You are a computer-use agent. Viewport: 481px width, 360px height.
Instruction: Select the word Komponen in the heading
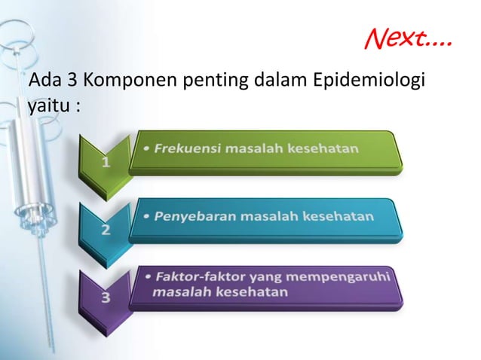pos(113,79)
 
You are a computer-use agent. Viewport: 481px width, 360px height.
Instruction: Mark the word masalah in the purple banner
pos(179,291)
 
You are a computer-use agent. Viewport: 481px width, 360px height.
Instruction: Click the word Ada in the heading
pos(38,79)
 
